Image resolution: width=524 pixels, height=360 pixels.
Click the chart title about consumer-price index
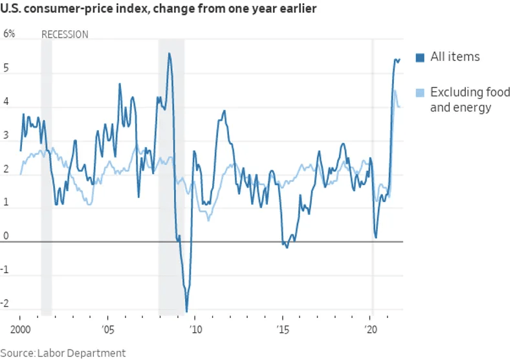(158, 11)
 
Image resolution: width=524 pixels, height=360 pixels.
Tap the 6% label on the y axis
(10, 34)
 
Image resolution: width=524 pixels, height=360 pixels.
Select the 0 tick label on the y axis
(6, 236)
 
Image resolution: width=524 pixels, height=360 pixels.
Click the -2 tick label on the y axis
(6, 303)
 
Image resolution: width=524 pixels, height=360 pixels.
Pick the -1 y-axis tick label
(6, 269)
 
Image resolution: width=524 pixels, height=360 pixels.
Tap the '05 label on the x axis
(107, 328)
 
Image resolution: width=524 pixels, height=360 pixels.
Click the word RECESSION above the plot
(65, 34)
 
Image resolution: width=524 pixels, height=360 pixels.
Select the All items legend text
(455, 57)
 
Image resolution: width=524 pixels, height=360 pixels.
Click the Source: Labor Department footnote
(63, 353)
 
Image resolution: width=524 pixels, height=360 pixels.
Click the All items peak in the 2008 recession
(169, 54)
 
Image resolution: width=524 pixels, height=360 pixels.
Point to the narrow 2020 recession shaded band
(372, 175)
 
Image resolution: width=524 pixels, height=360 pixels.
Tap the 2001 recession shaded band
(46, 175)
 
